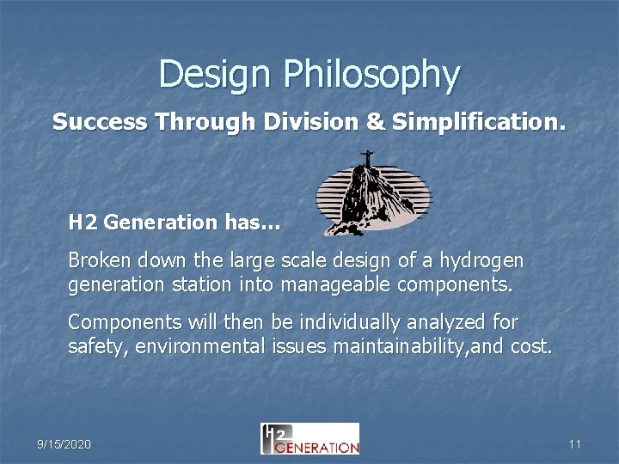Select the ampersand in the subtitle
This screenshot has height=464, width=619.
click(x=375, y=122)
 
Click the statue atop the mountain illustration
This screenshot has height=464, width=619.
click(x=367, y=158)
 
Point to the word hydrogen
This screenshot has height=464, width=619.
click(x=487, y=259)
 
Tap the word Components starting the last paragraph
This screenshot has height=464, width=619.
click(x=115, y=323)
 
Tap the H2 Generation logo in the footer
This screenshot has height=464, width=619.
click(x=309, y=438)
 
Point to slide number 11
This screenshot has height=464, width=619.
click(x=575, y=444)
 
